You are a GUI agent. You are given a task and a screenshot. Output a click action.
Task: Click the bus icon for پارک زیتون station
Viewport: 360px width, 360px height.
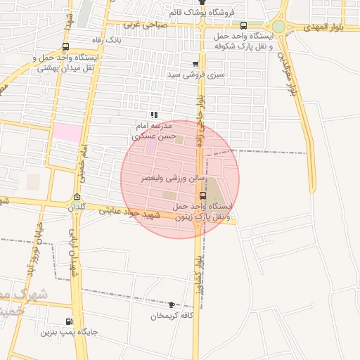click(x=203, y=195)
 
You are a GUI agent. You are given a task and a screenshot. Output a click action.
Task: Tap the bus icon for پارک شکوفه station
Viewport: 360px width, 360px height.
click(x=243, y=25)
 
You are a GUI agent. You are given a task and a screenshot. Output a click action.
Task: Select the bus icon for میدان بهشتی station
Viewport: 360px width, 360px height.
click(x=65, y=46)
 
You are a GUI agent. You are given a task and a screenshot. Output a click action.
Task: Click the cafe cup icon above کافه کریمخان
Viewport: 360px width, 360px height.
click(x=172, y=305)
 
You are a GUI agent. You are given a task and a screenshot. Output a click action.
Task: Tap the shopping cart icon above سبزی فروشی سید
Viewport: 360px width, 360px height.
click(x=195, y=63)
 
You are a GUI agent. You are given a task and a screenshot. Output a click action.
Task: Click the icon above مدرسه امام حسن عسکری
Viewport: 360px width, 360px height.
click(x=154, y=115)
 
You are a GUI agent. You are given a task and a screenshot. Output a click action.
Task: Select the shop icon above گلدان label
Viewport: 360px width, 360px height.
click(x=77, y=197)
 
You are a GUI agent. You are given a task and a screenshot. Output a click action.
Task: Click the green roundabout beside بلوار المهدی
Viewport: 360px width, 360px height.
click(x=279, y=27)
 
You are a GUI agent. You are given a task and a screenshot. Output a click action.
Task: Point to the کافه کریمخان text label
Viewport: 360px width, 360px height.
click(x=172, y=316)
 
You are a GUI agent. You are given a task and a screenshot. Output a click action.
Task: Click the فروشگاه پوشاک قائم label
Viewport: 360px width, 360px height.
click(x=203, y=13)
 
